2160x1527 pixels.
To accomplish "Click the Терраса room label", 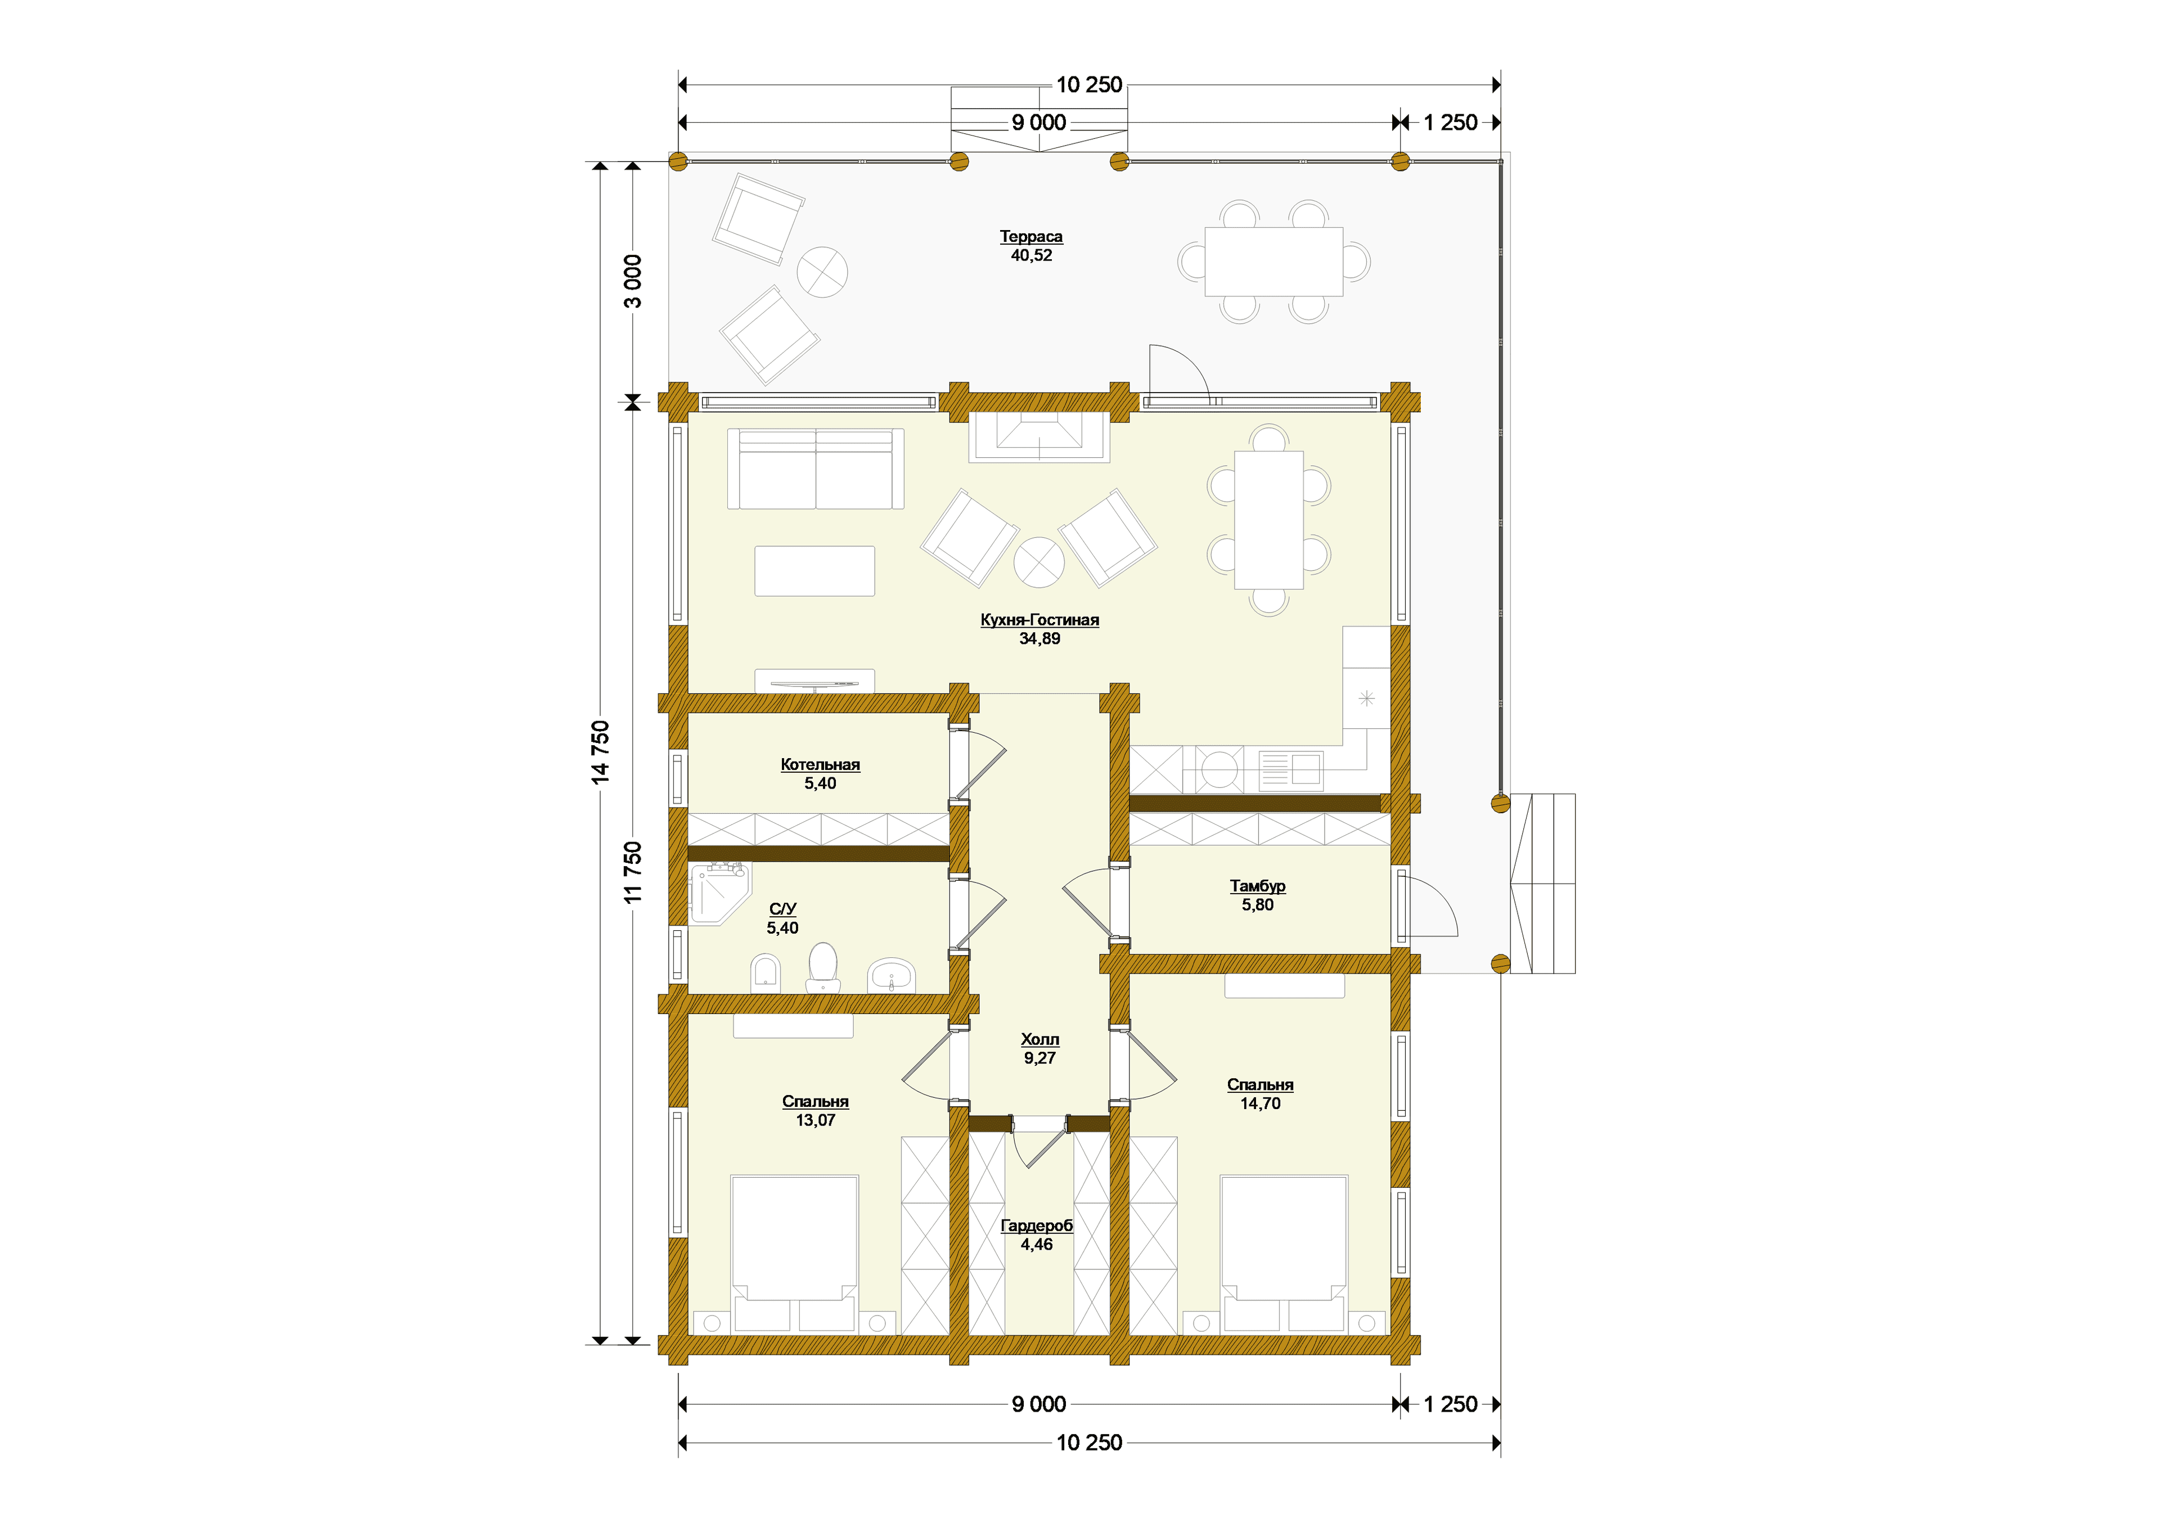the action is click(x=1031, y=236).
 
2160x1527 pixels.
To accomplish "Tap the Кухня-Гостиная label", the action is click(x=1039, y=620).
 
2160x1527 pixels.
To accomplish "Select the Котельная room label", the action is click(x=820, y=765).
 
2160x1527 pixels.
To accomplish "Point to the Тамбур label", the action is click(x=1258, y=886).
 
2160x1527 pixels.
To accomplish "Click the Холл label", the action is click(x=1039, y=1039).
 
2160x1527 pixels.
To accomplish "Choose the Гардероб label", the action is click(x=1037, y=1226).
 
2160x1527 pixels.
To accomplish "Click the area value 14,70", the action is click(x=1261, y=1103).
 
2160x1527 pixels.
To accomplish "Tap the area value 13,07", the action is click(x=816, y=1120).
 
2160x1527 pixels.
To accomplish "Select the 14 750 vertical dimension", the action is click(x=600, y=753).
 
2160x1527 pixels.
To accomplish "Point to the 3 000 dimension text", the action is click(x=633, y=281).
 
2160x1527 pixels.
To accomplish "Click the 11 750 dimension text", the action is click(x=633, y=873).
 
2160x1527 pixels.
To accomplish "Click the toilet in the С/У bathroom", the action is click(x=823, y=967).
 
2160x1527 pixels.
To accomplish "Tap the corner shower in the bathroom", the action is click(x=719, y=894).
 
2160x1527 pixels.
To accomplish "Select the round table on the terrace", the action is click(x=822, y=272).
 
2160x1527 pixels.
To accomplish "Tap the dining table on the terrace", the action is click(x=1274, y=262).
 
